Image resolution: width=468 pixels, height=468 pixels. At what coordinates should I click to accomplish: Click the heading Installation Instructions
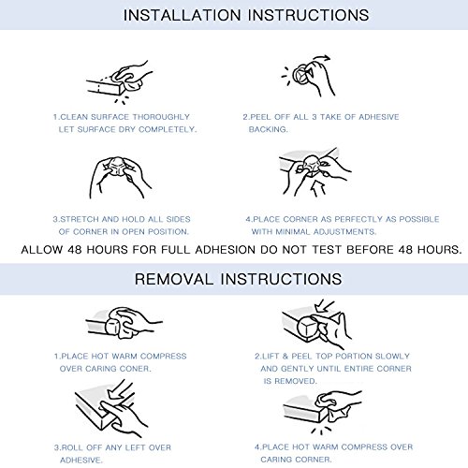tap(246, 15)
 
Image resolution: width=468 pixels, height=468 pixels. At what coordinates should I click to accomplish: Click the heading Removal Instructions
tap(239, 279)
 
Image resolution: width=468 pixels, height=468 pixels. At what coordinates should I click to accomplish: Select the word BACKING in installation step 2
tap(268, 129)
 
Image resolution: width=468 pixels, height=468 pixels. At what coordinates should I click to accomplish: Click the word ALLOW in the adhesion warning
tap(42, 250)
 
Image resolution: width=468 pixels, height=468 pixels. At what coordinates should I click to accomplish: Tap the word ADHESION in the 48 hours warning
tap(226, 250)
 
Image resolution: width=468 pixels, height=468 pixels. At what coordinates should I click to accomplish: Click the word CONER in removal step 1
tap(136, 369)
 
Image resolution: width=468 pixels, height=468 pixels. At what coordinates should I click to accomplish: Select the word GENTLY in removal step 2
tap(298, 369)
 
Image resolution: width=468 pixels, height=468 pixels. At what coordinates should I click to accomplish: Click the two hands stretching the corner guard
tap(119, 177)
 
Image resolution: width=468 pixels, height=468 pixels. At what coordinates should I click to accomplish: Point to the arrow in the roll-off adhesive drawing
tap(118, 390)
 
